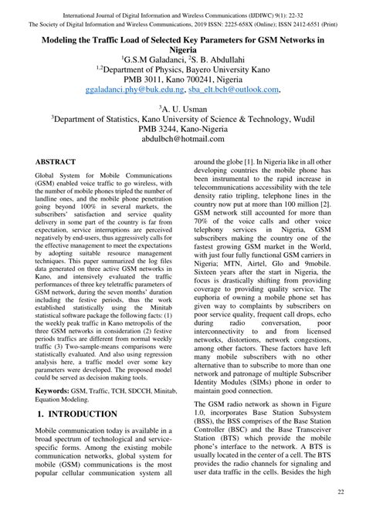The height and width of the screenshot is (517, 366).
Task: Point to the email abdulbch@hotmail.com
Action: (x=182, y=140)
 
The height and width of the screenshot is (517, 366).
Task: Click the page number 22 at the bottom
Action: (x=341, y=492)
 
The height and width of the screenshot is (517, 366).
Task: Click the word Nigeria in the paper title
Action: (x=182, y=48)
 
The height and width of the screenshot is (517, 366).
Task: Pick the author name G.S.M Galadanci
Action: (x=152, y=58)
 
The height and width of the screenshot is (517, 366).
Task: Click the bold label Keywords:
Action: (x=59, y=392)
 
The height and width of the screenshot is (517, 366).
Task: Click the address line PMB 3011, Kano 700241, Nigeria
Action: (x=182, y=79)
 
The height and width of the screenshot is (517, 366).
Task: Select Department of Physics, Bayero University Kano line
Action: (x=182, y=69)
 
